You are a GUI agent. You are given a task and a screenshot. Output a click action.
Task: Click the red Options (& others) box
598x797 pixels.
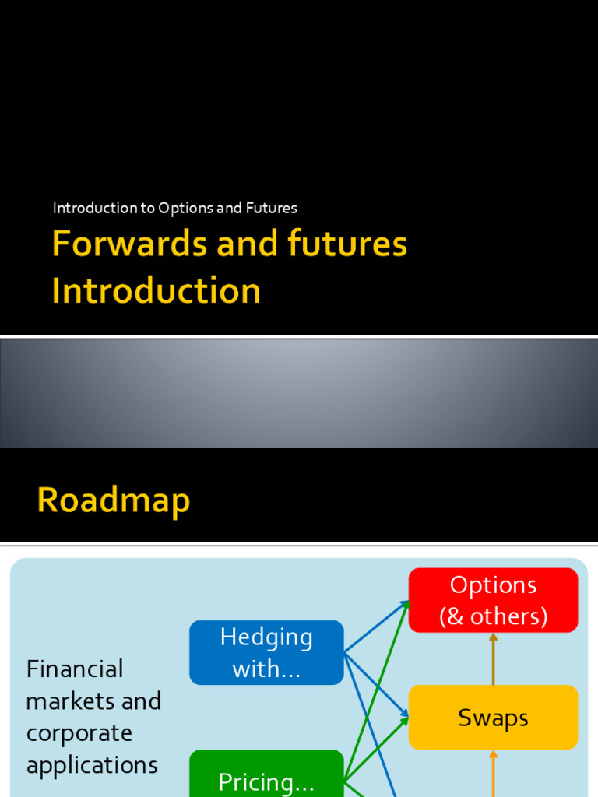pyautogui.click(x=493, y=600)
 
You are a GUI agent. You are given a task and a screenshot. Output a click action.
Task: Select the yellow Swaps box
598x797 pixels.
pyautogui.click(x=493, y=717)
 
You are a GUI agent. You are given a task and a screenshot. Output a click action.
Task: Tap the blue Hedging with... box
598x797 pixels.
pyautogui.click(x=266, y=652)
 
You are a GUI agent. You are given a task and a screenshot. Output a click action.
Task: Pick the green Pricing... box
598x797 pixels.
pyautogui.click(x=266, y=774)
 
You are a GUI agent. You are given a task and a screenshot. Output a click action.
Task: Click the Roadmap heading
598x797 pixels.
pyautogui.click(x=114, y=500)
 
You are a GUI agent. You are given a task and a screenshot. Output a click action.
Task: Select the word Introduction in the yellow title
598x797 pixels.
pyautogui.click(x=156, y=290)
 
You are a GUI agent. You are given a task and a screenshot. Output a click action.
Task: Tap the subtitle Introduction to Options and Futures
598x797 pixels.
pyautogui.click(x=175, y=208)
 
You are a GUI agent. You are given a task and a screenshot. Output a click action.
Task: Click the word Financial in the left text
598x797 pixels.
pyautogui.click(x=75, y=669)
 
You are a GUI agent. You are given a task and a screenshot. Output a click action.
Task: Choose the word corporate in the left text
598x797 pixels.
pyautogui.click(x=79, y=733)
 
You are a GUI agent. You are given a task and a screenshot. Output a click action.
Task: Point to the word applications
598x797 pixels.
pyautogui.click(x=92, y=765)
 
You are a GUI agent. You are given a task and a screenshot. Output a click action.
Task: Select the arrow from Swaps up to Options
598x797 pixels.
pyautogui.click(x=493, y=658)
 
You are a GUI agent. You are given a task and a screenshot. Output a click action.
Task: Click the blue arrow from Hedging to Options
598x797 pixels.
pyautogui.click(x=376, y=627)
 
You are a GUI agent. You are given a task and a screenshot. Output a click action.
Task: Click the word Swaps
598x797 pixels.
pyautogui.click(x=493, y=718)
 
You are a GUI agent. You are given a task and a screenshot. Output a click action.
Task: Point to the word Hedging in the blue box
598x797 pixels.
pyautogui.click(x=266, y=637)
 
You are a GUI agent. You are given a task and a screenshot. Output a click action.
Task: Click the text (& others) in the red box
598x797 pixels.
pyautogui.click(x=493, y=616)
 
